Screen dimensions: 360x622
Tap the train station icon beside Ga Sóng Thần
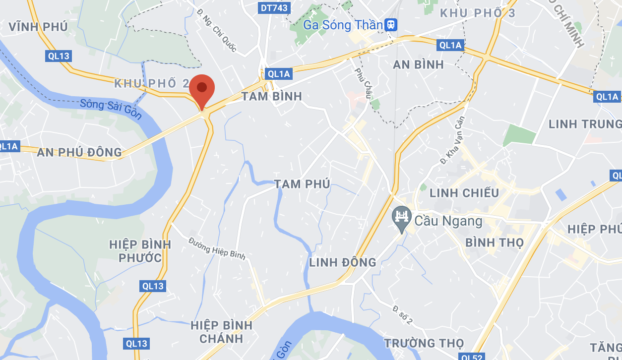(392, 25)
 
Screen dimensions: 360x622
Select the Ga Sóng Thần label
(343, 25)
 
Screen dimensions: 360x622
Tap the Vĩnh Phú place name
(38, 27)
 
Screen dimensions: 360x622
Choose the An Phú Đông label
(79, 152)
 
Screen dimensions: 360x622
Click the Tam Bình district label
(272, 96)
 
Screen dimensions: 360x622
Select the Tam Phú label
(302, 184)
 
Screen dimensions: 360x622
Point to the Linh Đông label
(342, 262)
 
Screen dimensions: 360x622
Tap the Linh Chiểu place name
(464, 193)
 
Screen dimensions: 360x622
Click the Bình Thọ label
(495, 242)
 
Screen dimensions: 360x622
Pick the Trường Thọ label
(424, 343)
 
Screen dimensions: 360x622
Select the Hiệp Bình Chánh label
(221, 332)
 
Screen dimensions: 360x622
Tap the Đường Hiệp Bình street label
(217, 247)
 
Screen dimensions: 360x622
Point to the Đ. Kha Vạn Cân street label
(452, 140)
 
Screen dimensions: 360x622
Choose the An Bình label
(418, 64)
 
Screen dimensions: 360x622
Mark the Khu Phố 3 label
(478, 13)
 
